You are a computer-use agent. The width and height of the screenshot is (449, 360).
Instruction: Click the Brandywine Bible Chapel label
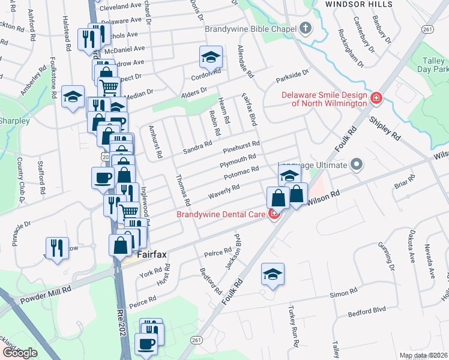[x=250, y=29]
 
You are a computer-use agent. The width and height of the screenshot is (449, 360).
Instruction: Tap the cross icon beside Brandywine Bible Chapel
[x=306, y=28]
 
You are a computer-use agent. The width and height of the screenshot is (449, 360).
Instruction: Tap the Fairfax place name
[x=151, y=254]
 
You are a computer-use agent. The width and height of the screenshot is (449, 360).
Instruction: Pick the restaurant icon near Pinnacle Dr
[x=57, y=247]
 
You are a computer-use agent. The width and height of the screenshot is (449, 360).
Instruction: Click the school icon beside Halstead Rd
[x=73, y=97]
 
